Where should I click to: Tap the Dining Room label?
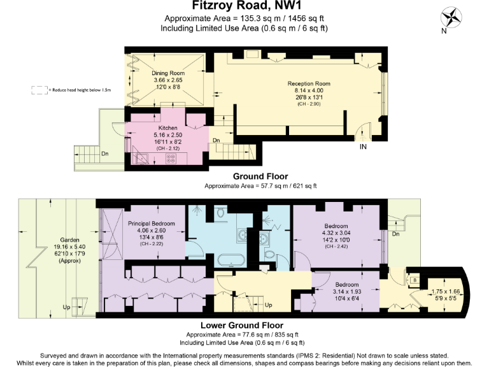click(167, 73)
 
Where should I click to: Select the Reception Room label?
click(309, 84)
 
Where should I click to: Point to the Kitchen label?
click(168, 128)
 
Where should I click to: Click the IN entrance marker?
click(363, 147)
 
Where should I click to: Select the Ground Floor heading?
click(260, 176)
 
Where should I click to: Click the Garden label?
click(54, 240)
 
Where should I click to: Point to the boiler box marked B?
click(415, 279)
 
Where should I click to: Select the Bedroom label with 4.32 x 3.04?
click(336, 226)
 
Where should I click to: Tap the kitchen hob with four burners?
click(171, 158)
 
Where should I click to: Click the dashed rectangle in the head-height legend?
click(39, 90)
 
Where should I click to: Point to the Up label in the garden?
click(66, 307)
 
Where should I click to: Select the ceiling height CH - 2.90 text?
click(309, 103)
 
